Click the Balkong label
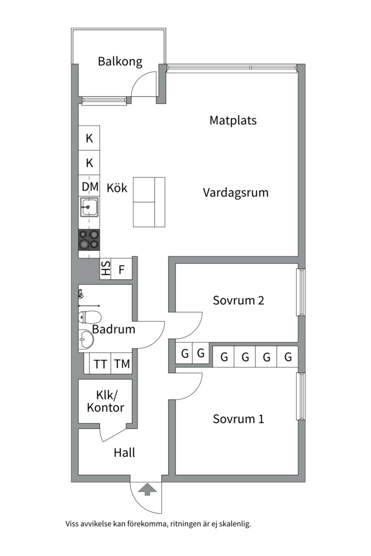click(120, 62)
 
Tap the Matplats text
click(233, 120)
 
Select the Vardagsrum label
click(235, 193)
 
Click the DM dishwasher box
click(90, 186)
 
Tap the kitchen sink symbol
click(90, 208)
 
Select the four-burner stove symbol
click(89, 240)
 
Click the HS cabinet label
click(106, 269)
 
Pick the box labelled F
click(122, 269)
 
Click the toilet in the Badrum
click(89, 317)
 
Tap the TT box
click(100, 364)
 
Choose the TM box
click(122, 364)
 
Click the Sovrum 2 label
click(239, 300)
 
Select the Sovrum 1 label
click(239, 419)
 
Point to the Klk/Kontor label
click(106, 402)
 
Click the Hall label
click(125, 453)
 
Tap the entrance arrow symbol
click(148, 489)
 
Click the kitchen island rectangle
click(149, 202)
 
